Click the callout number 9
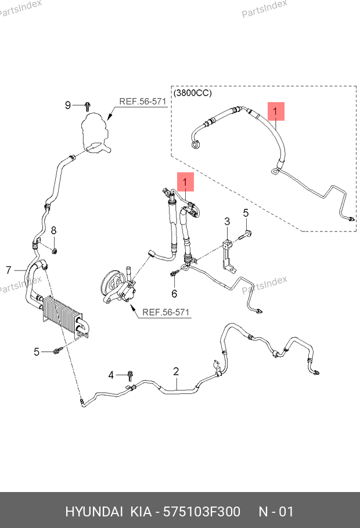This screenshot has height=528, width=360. click(x=68, y=105)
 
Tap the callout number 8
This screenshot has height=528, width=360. click(x=53, y=230)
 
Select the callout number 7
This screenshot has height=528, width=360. click(x=9, y=270)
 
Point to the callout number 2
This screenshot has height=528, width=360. click(x=175, y=371)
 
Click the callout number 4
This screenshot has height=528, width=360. click(x=111, y=375)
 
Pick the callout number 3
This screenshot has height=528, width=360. click(x=227, y=221)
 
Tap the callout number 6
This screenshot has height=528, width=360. click(x=174, y=293)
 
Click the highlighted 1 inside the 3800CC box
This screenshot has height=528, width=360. click(x=276, y=110)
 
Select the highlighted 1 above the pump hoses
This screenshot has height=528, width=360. click(x=185, y=182)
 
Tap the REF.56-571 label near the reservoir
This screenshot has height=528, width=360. click(x=143, y=101)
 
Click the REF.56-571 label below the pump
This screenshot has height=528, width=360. click(x=166, y=312)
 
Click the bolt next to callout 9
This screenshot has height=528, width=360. click(x=87, y=106)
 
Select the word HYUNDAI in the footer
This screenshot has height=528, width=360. click(x=93, y=512)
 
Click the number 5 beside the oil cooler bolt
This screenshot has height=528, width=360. click(x=36, y=352)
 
